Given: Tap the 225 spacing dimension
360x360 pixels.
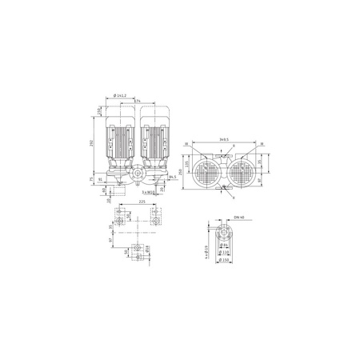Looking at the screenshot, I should (142, 202).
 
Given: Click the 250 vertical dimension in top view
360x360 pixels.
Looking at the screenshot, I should (182, 171).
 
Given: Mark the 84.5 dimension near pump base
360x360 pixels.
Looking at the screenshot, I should (173, 176).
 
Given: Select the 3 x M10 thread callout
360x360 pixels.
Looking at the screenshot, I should (147, 193).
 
